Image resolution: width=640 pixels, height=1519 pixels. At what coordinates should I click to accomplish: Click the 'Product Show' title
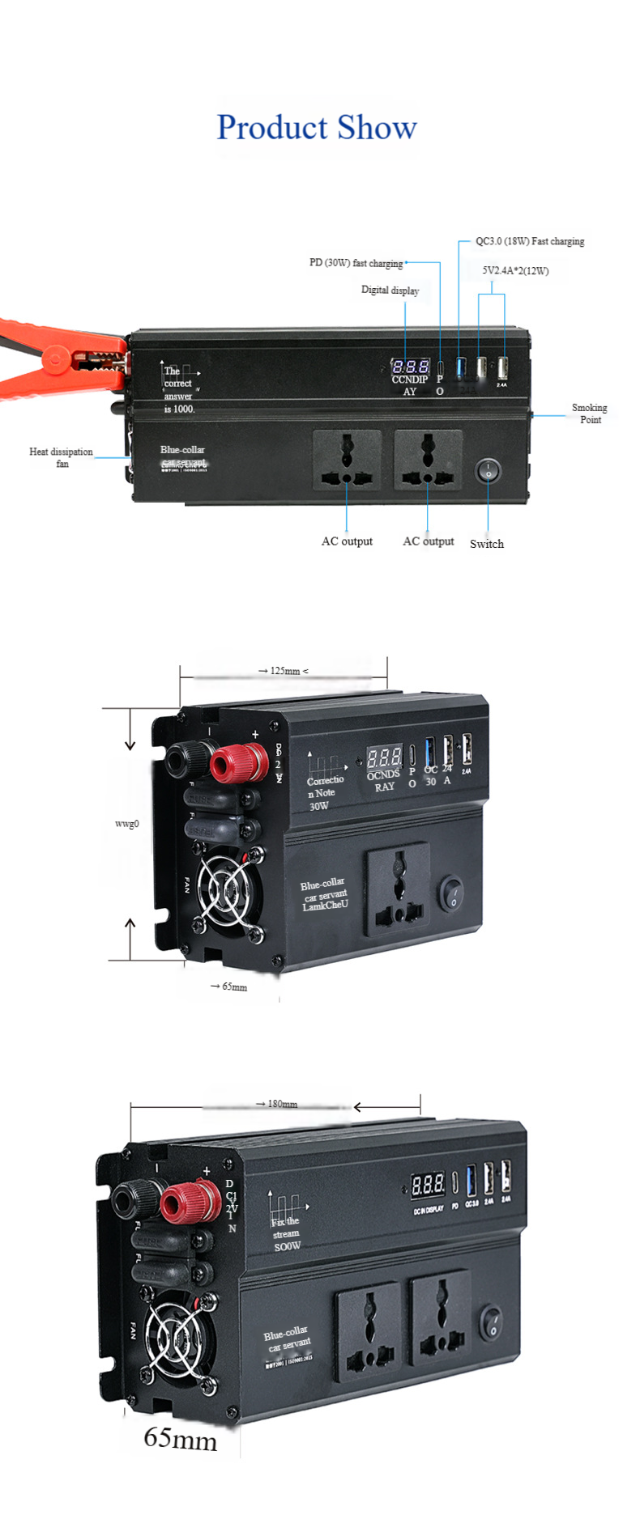tap(316, 128)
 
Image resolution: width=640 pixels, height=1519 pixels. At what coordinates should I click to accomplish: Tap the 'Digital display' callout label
tap(390, 290)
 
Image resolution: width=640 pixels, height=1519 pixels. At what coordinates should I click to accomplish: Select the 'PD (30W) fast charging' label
tap(356, 263)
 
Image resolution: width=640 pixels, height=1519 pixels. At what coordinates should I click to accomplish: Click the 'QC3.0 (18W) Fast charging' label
tap(529, 241)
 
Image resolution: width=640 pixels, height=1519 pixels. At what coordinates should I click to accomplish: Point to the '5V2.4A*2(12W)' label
tap(515, 270)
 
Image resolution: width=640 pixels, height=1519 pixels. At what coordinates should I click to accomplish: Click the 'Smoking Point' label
tap(589, 414)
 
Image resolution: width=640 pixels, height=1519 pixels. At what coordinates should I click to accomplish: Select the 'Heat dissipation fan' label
tap(61, 457)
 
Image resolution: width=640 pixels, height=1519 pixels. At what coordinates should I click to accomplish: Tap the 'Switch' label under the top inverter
tap(486, 544)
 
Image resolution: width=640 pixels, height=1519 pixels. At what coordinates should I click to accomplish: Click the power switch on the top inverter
tap(488, 470)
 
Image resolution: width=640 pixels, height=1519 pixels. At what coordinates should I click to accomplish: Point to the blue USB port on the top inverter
tap(461, 367)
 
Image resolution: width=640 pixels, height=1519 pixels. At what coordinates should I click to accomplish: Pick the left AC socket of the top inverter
tap(347, 460)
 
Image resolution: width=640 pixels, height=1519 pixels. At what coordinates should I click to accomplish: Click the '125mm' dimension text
tap(284, 671)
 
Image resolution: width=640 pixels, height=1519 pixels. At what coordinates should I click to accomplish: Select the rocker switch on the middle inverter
tap(452, 893)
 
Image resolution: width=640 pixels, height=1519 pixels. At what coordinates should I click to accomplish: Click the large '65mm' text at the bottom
tap(180, 1438)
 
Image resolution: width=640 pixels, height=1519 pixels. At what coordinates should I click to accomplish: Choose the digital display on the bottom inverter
tap(427, 1185)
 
